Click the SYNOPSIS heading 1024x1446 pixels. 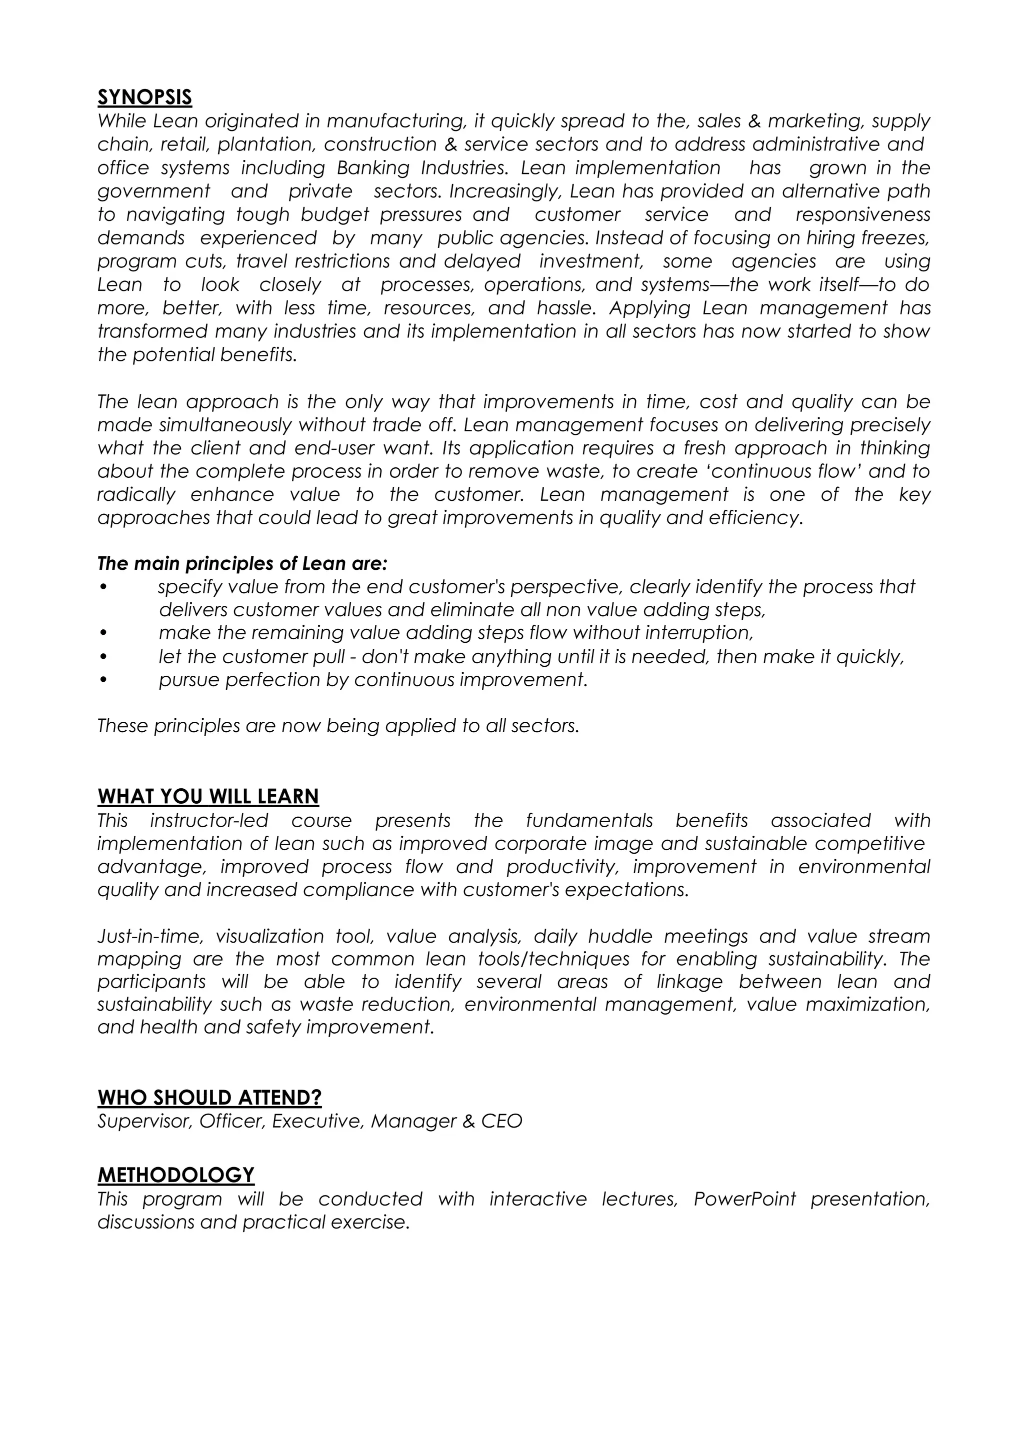point(144,97)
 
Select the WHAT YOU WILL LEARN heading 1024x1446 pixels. point(208,797)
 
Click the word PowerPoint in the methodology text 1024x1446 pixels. point(744,1199)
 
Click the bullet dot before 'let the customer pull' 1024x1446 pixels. point(103,657)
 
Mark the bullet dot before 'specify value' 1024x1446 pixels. point(103,587)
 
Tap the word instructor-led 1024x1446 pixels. point(208,821)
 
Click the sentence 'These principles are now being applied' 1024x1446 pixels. point(338,726)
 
